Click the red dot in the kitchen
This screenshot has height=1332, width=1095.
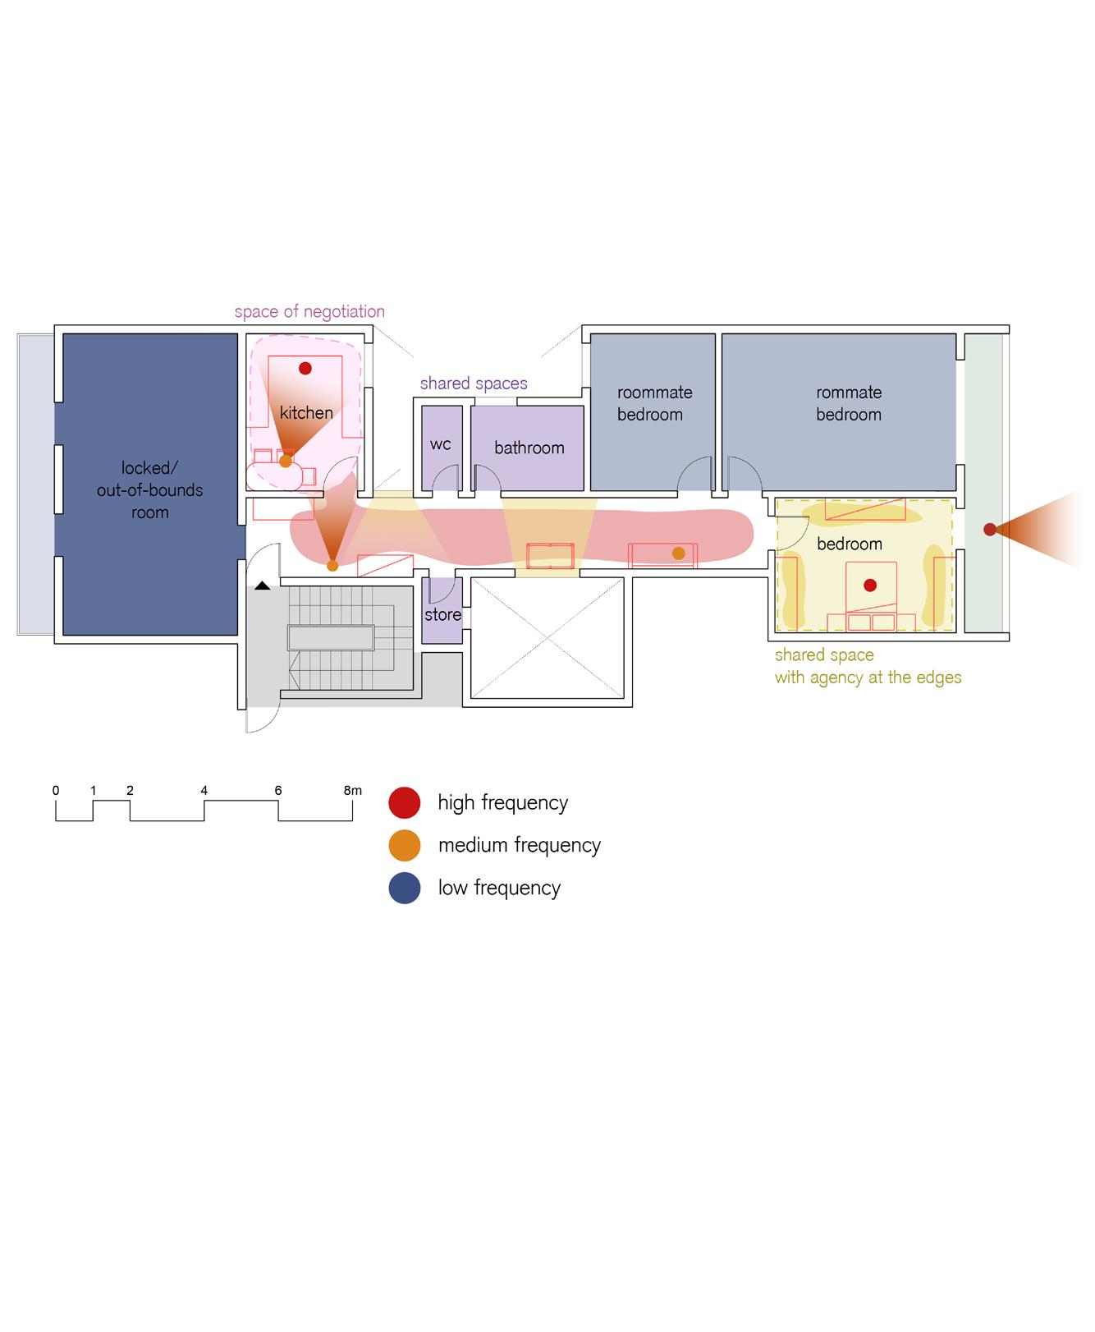305,368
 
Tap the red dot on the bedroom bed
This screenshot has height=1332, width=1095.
870,586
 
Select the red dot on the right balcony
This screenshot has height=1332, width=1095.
990,530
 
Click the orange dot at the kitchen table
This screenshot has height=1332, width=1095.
285,462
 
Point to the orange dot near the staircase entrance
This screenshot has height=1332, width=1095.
332,566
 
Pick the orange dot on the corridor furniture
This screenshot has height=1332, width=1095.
678,553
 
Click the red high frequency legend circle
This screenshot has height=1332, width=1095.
405,803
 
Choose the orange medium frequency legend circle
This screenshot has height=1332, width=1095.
405,846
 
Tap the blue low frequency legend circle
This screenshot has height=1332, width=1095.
405,889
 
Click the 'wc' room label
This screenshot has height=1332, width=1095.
441,445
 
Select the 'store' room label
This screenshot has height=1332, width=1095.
442,615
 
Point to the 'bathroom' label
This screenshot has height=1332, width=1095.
529,448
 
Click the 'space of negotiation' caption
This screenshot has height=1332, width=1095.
309,312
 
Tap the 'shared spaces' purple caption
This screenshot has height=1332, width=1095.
474,384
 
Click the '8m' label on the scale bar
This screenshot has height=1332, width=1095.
352,791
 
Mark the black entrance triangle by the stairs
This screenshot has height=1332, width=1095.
262,586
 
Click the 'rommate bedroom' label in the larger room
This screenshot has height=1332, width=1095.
849,404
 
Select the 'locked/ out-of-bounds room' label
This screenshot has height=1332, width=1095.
150,490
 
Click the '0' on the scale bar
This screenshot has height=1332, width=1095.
56,791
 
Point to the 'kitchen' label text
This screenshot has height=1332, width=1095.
306,413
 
